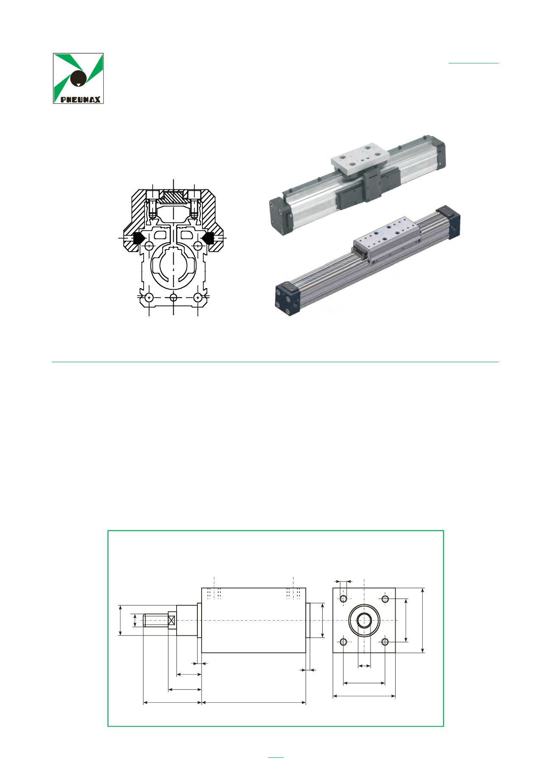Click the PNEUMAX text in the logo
(80, 100)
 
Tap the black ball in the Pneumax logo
(78, 77)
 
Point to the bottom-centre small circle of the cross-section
(174, 297)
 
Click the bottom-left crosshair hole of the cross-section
(149, 297)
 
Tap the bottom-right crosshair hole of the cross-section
(197, 297)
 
